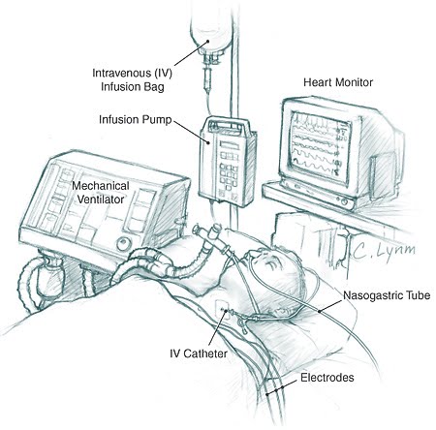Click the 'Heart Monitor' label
tap(338, 82)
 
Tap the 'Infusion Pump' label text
tap(135, 119)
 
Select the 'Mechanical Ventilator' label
tap(101, 193)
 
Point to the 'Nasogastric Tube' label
tap(387, 295)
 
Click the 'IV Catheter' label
tap(199, 353)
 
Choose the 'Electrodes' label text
tap(327, 378)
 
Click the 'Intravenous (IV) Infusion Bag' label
tap(133, 79)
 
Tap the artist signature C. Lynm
tap(384, 251)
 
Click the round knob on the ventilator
tap(124, 243)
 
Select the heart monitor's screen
tap(319, 144)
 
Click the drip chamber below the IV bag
tap(206, 76)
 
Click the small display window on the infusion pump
tap(229, 144)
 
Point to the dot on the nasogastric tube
tap(320, 312)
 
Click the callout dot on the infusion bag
tap(208, 41)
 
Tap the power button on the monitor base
tap(344, 202)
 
